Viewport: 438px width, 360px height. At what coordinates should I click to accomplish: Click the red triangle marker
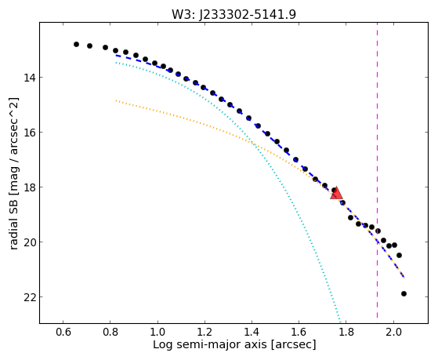[x=336, y=193]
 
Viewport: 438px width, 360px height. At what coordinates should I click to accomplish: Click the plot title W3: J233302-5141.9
[x=233, y=15]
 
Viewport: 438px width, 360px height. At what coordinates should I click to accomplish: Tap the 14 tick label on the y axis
[x=29, y=78]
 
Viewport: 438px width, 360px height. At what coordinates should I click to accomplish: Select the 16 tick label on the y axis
[x=29, y=133]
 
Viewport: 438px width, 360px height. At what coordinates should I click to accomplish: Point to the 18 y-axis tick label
[x=29, y=187]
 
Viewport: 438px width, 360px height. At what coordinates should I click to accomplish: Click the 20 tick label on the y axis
[x=29, y=242]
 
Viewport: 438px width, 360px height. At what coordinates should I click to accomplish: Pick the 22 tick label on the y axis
[x=29, y=297]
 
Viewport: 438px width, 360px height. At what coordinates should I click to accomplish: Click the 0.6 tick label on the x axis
[x=63, y=332]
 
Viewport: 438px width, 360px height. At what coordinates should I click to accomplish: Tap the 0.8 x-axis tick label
[x=110, y=332]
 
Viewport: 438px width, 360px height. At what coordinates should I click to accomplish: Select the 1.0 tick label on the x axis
[x=157, y=332]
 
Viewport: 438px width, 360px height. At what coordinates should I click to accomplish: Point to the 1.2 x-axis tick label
[x=205, y=332]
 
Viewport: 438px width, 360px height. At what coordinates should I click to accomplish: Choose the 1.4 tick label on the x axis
[x=252, y=332]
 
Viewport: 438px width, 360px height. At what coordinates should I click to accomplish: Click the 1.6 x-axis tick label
[x=299, y=332]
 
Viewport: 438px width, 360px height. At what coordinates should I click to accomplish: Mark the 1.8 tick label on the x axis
[x=346, y=332]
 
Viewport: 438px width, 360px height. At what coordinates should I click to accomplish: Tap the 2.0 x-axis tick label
[x=393, y=332]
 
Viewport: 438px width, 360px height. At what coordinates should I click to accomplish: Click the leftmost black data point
[x=76, y=44]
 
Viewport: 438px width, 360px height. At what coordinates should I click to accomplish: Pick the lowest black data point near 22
[x=404, y=293]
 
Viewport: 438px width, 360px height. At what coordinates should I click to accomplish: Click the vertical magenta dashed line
[x=377, y=170]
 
